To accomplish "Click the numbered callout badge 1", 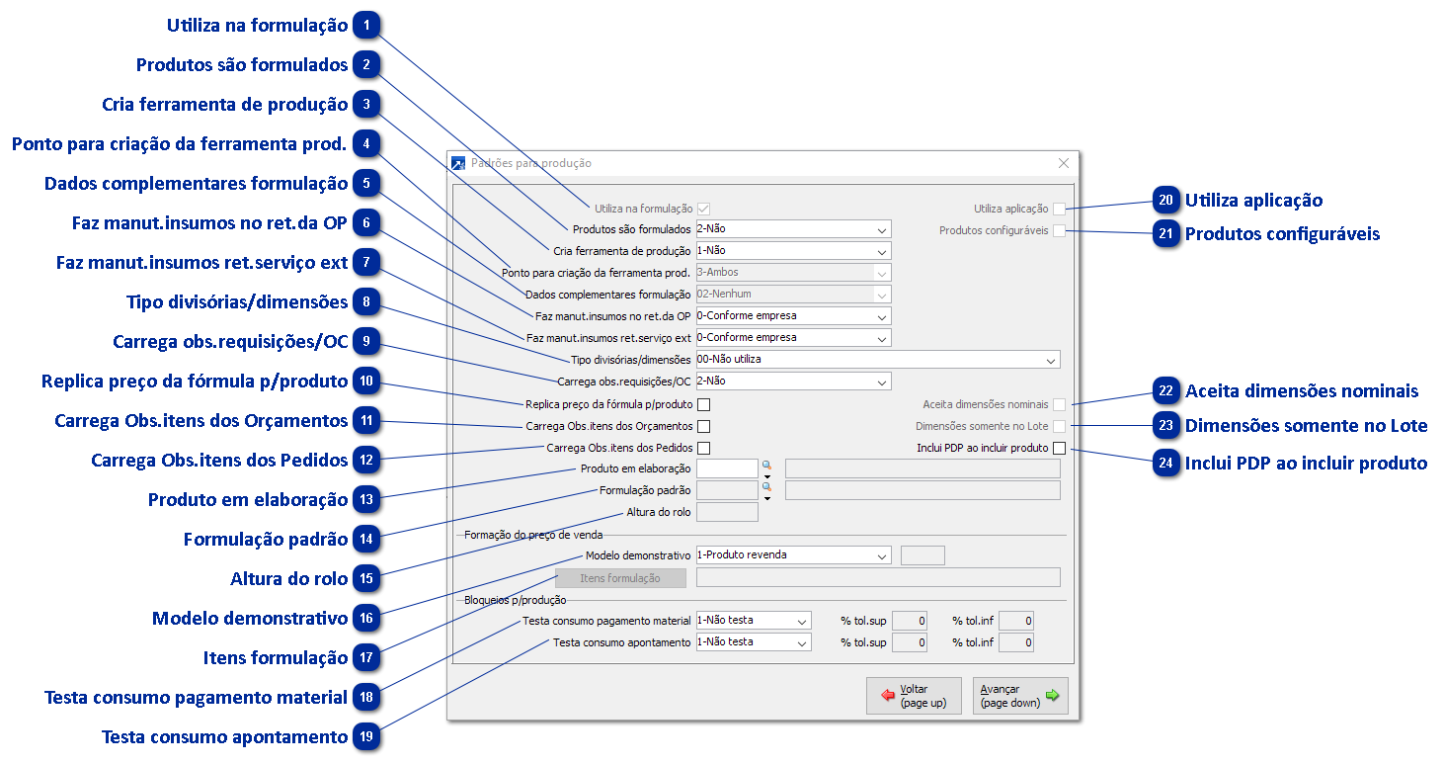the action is click(x=366, y=25).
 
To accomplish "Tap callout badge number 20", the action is click(x=1165, y=200).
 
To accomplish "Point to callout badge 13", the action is click(x=366, y=499).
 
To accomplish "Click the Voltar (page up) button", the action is click(x=914, y=696).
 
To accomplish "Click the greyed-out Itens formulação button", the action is click(x=620, y=578).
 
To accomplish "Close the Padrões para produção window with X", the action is click(x=1064, y=163).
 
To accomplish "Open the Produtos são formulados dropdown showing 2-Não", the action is click(x=793, y=229).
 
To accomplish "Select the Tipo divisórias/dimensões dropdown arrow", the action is click(x=1051, y=360).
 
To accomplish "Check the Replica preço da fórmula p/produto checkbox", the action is click(x=704, y=404).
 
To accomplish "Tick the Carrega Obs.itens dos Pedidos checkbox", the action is click(x=704, y=448).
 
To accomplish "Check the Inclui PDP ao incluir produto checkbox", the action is click(x=1059, y=448).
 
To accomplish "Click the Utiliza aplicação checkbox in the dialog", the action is click(x=1059, y=209).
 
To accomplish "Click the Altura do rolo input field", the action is click(x=727, y=512).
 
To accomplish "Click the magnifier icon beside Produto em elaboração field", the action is click(x=766, y=466).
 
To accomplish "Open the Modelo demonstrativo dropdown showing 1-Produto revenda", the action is click(x=793, y=555).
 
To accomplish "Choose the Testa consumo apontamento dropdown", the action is click(x=754, y=642).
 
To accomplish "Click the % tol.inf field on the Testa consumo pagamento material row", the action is click(x=1016, y=621).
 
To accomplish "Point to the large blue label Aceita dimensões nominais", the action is click(x=1302, y=390).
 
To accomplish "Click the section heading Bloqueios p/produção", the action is click(x=515, y=600).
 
